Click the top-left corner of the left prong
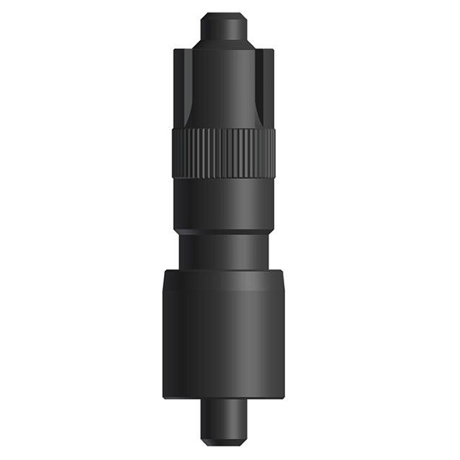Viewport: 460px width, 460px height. coord(175,51)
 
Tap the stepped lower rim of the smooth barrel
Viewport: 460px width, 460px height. coord(227,232)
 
